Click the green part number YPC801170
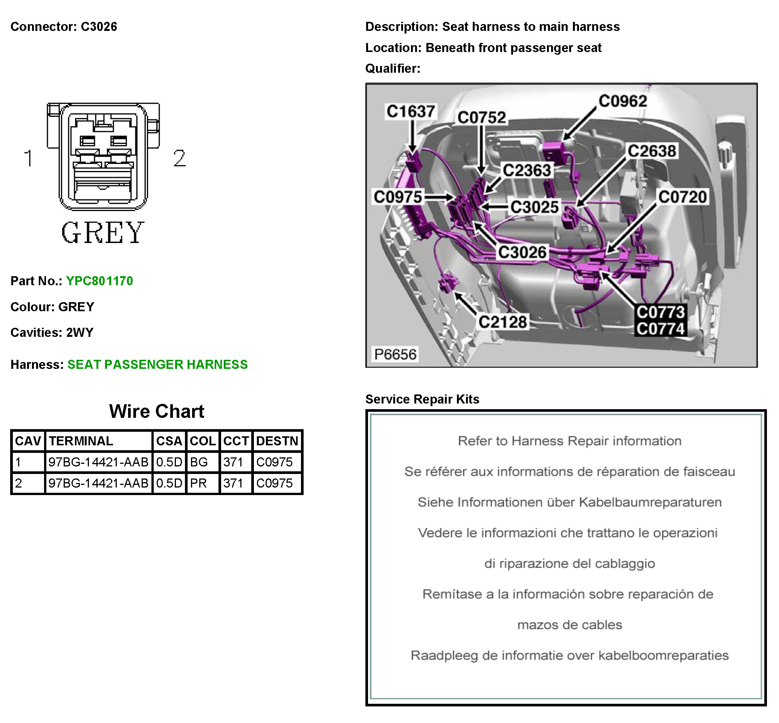pyautogui.click(x=99, y=281)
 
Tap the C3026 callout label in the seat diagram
pyautogui.click(x=522, y=252)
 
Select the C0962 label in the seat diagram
pyautogui.click(x=623, y=101)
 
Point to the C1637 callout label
pyautogui.click(x=410, y=112)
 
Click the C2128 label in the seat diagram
pyautogui.click(x=503, y=322)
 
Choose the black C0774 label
pyautogui.click(x=660, y=329)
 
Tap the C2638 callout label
pyautogui.click(x=652, y=151)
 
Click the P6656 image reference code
pyautogui.click(x=395, y=355)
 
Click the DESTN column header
pyautogui.click(x=277, y=441)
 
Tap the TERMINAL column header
pyautogui.click(x=81, y=441)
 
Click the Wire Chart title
pyautogui.click(x=156, y=411)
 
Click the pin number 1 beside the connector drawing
pyautogui.click(x=28, y=159)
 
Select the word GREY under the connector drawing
pyautogui.click(x=103, y=232)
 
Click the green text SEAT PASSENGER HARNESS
pyautogui.click(x=157, y=365)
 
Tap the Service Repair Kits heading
pyautogui.click(x=422, y=399)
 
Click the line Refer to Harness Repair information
pyautogui.click(x=570, y=441)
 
